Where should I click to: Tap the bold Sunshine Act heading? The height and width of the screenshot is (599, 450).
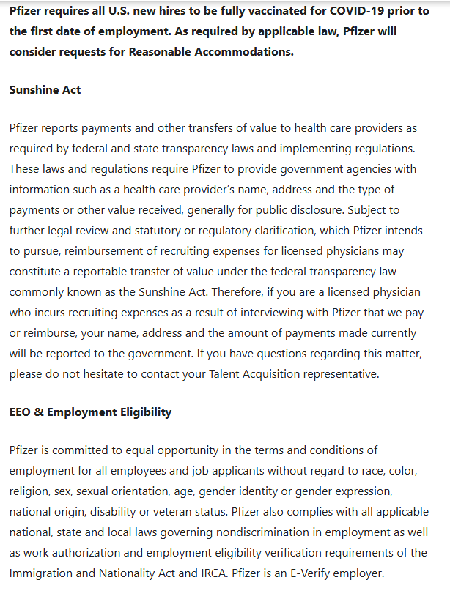coord(45,89)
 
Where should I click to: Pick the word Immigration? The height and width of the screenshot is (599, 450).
coord(41,573)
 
